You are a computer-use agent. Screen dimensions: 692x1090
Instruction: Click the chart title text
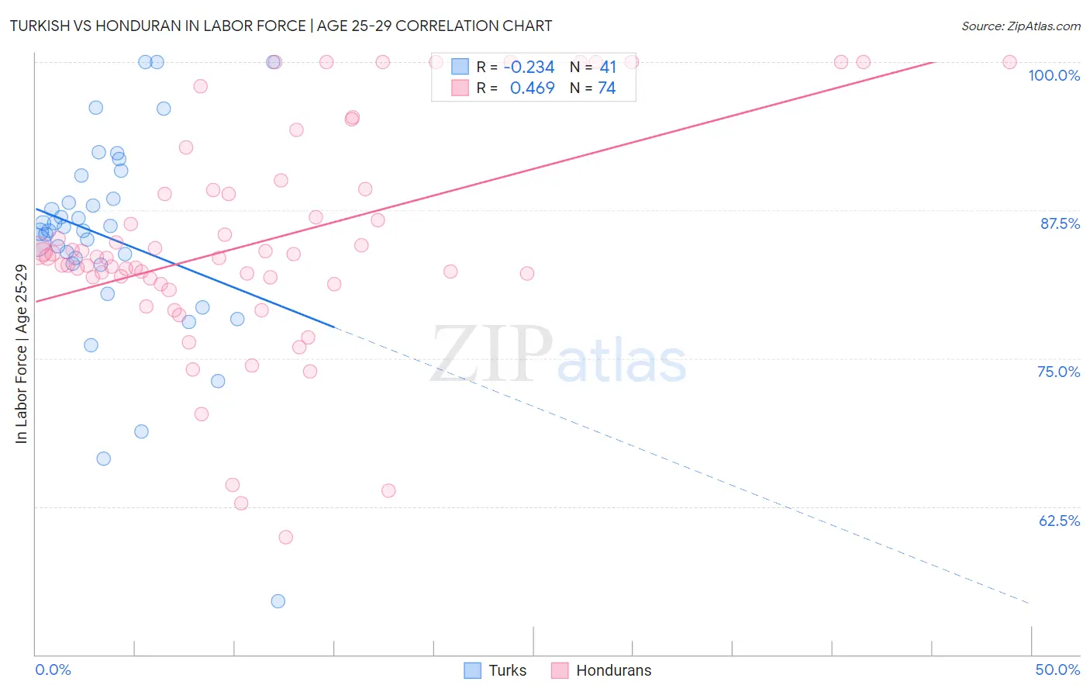tap(281, 26)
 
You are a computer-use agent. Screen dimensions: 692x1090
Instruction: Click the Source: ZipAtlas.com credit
tap(1020, 26)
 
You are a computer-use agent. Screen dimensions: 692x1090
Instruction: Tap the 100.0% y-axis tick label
tap(1054, 75)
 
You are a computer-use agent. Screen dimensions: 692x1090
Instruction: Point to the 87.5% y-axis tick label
tap(1059, 223)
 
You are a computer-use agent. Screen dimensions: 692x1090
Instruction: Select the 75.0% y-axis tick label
tap(1058, 372)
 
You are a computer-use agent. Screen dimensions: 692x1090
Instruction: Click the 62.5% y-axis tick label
tap(1059, 521)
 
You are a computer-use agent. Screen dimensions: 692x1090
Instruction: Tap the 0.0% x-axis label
tap(53, 670)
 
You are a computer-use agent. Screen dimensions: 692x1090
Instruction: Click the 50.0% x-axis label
tap(1057, 670)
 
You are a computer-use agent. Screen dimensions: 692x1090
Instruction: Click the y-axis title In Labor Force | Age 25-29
tap(21, 354)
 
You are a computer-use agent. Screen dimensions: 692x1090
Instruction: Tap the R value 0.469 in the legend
tap(532, 88)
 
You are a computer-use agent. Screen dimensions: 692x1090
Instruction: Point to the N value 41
tap(607, 67)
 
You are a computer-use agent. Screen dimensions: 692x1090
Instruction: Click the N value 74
tap(607, 88)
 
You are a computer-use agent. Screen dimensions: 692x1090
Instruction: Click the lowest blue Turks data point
tap(278, 601)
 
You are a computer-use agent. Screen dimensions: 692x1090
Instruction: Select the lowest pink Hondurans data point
tap(285, 537)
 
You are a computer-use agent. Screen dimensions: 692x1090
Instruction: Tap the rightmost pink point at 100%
tap(1009, 62)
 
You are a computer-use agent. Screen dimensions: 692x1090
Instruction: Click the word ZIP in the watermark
tap(492, 354)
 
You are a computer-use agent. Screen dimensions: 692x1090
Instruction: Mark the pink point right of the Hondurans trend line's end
tap(1009, 62)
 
